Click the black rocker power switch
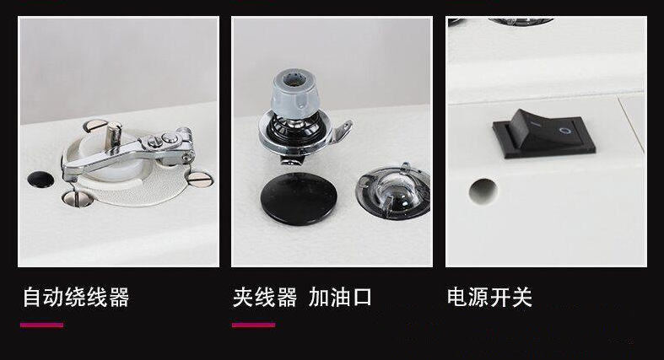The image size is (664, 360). pyautogui.click(x=543, y=134)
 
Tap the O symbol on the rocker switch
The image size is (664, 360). pyautogui.click(x=564, y=130)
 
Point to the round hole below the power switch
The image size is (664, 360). pyautogui.click(x=483, y=191)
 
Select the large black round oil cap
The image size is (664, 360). pyautogui.click(x=299, y=198)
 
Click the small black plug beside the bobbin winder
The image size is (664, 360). pyautogui.click(x=40, y=180)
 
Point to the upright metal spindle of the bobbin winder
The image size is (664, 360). pyautogui.click(x=114, y=135)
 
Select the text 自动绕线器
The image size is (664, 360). pyautogui.click(x=76, y=297)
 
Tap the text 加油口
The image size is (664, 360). pyautogui.click(x=340, y=297)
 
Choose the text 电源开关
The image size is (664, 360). pyautogui.click(x=489, y=297)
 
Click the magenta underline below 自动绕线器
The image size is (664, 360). pyautogui.click(x=41, y=325)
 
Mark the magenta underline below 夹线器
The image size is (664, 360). pyautogui.click(x=253, y=325)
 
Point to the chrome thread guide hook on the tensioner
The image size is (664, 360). pyautogui.click(x=342, y=132)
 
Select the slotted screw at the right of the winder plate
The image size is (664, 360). pyautogui.click(x=200, y=179)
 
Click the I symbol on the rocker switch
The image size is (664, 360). pyautogui.click(x=534, y=125)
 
